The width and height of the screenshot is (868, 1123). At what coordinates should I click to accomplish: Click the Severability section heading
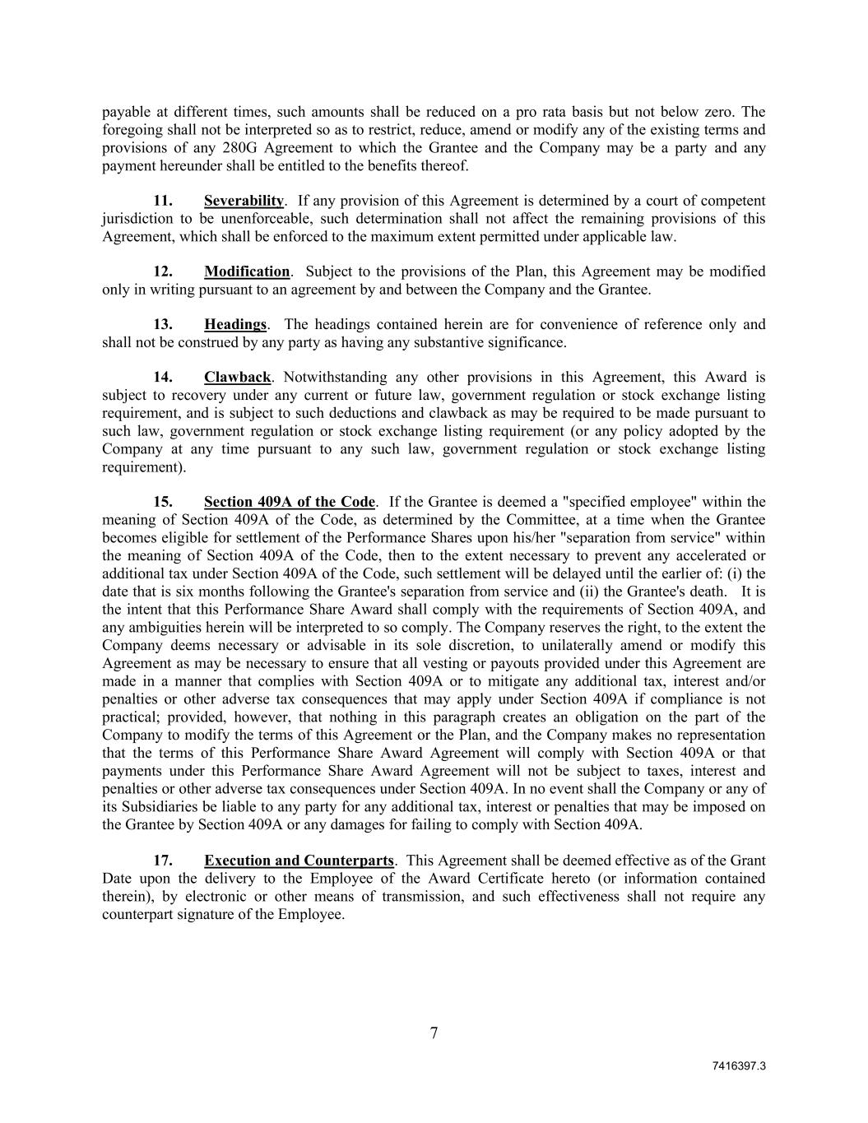244,201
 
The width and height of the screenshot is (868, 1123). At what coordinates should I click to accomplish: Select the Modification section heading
247,271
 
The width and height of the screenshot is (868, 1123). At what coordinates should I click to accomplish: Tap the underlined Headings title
235,324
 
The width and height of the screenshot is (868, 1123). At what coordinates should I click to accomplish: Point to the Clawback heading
237,378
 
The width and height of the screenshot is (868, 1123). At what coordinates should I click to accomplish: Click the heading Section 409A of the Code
289,502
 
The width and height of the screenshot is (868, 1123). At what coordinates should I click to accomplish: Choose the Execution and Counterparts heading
299,861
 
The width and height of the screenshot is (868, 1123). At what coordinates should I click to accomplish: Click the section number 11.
163,201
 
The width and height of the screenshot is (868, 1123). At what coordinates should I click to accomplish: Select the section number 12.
163,271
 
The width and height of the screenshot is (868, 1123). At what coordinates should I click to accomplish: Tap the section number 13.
163,324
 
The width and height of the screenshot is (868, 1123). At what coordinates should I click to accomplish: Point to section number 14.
163,378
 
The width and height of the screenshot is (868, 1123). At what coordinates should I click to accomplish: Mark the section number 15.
163,502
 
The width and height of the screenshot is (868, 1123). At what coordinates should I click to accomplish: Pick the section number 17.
163,861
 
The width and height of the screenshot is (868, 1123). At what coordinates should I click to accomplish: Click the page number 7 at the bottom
434,1034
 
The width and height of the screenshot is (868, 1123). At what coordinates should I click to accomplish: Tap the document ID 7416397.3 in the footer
739,1066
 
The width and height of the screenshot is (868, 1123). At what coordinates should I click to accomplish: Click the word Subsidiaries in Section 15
156,807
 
